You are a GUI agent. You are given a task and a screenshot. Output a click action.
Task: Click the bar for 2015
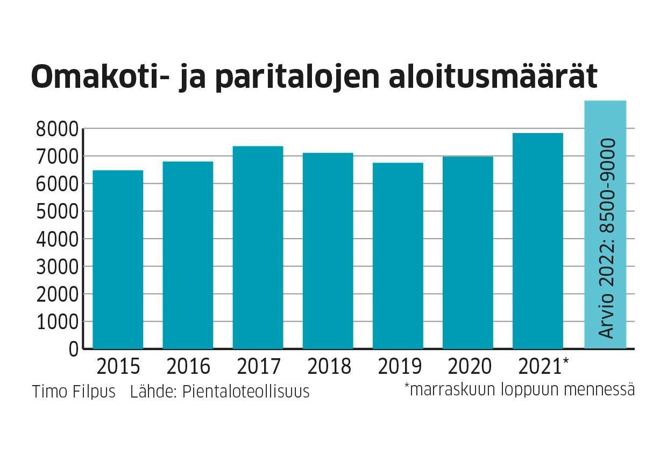pyautogui.click(x=118, y=260)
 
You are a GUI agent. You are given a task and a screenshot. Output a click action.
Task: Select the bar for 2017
pyautogui.click(x=258, y=248)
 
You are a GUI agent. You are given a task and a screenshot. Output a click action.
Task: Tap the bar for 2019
pyautogui.click(x=398, y=256)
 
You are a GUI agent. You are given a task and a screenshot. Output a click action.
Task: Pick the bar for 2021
pyautogui.click(x=538, y=241)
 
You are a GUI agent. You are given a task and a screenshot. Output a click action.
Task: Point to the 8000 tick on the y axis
pyautogui.click(x=57, y=129)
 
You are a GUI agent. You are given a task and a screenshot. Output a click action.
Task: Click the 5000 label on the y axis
pyautogui.click(x=57, y=212)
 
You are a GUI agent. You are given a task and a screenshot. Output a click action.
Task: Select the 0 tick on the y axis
pyautogui.click(x=73, y=350)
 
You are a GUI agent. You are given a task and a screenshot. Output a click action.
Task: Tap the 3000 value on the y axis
pyautogui.click(x=57, y=267)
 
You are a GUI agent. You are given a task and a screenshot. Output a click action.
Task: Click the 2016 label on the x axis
pyautogui.click(x=188, y=367)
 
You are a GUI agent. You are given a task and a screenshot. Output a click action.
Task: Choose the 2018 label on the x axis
pyautogui.click(x=329, y=367)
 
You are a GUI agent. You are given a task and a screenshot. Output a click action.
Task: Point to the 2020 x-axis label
pyautogui.click(x=470, y=367)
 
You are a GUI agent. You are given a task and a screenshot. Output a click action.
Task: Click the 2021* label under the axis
pyautogui.click(x=544, y=367)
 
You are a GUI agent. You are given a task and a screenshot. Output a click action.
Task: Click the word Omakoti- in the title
pyautogui.click(x=102, y=77)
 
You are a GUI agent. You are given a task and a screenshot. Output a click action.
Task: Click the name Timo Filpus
pyautogui.click(x=74, y=392)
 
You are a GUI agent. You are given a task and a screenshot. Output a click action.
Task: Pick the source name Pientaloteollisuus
pyautogui.click(x=246, y=392)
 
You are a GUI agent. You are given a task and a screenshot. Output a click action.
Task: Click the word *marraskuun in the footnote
pyautogui.click(x=449, y=389)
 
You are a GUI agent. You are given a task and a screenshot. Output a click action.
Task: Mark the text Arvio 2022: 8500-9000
pyautogui.click(x=607, y=239)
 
